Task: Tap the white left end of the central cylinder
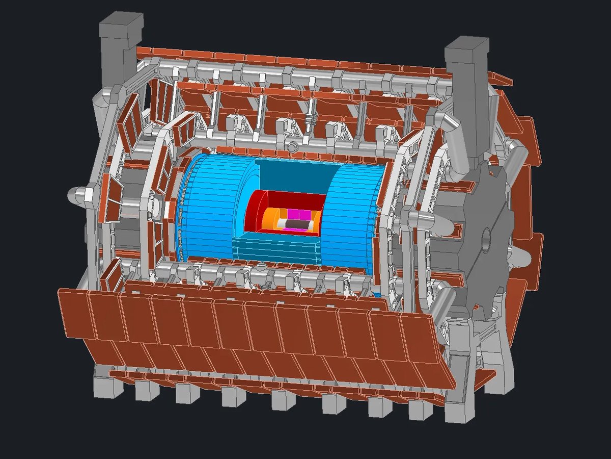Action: [x=281, y=223]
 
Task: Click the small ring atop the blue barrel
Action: [x=292, y=148]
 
